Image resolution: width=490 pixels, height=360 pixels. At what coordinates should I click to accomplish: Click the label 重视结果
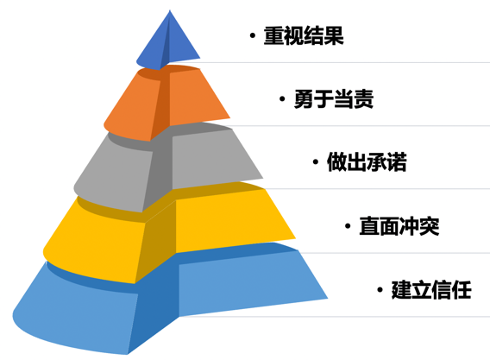click(x=304, y=36)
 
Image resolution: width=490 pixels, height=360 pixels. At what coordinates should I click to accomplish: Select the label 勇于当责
click(x=334, y=99)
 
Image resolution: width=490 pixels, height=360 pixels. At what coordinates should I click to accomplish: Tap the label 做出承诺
click(x=367, y=162)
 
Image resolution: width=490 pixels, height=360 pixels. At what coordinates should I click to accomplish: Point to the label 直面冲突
click(x=399, y=226)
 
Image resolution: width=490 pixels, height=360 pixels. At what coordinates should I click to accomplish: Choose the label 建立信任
click(x=431, y=290)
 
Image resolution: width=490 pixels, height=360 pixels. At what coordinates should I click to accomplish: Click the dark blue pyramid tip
click(x=168, y=41)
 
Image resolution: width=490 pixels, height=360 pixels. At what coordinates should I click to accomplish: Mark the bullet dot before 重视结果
click(x=253, y=36)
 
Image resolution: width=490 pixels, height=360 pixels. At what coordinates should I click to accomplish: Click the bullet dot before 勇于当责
click(x=282, y=99)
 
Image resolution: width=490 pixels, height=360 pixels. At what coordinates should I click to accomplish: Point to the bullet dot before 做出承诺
click(x=316, y=162)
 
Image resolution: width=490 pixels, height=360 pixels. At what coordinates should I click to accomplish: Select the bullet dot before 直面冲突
click(x=348, y=226)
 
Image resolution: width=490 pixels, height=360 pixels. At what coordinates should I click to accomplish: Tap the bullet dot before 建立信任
click(x=380, y=290)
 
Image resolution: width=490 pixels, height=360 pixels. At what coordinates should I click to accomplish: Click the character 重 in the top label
click(x=273, y=36)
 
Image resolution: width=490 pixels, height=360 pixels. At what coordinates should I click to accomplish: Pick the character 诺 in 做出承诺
click(x=397, y=162)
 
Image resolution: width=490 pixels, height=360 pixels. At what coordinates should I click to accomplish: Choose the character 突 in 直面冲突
click(x=430, y=226)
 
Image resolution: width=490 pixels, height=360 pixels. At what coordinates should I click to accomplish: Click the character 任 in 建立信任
click(x=462, y=290)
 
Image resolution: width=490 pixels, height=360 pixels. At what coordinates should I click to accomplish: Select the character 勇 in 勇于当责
click(x=304, y=99)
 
